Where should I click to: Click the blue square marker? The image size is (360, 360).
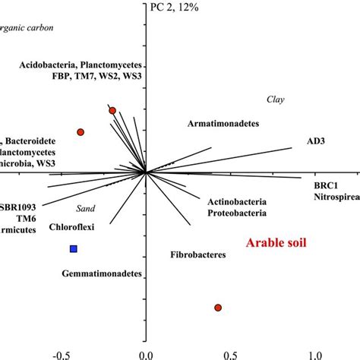click(x=74, y=248)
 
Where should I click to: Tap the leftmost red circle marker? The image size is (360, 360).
click(x=81, y=132)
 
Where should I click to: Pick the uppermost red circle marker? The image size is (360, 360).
click(x=112, y=111)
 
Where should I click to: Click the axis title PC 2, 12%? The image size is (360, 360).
click(x=172, y=8)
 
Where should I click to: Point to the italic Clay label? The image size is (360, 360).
click(x=274, y=99)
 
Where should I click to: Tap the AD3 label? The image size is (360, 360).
click(x=317, y=141)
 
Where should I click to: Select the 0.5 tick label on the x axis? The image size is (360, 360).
click(x=231, y=354)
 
